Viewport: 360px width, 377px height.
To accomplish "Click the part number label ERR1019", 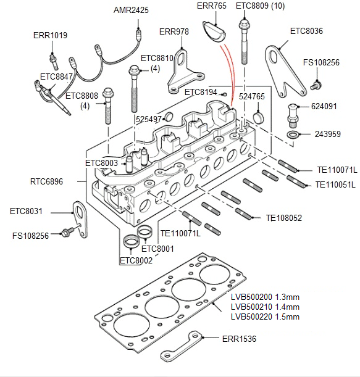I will pos(50,35).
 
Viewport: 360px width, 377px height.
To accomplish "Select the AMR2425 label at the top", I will pos(131,10).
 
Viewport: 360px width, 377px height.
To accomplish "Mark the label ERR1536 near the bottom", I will pos(239,339).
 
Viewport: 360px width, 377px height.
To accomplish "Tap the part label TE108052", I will pos(283,217).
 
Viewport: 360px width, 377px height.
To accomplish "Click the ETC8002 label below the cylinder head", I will pos(135,261).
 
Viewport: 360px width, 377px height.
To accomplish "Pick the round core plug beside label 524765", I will pos(259,117).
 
